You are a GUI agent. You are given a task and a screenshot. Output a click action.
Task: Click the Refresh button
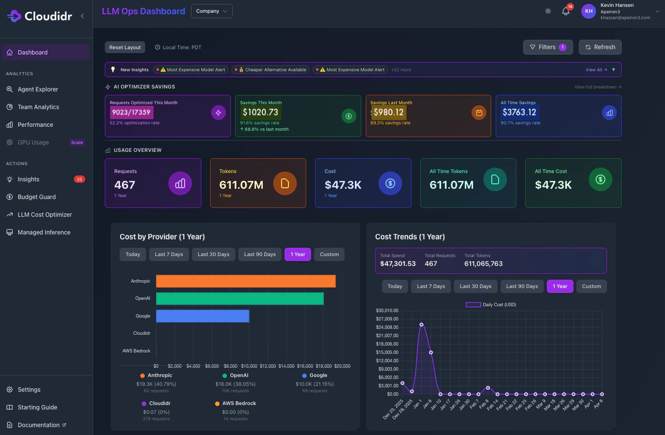[x=600, y=47]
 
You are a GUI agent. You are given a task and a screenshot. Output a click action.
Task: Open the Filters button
[x=547, y=47]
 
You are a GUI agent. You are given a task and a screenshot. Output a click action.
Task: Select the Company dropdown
[x=212, y=11]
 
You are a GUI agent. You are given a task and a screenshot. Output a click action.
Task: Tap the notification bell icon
[x=566, y=11]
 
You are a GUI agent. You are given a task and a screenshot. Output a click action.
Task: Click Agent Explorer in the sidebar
[x=37, y=89]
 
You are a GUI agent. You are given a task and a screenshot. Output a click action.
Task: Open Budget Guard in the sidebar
[x=36, y=197]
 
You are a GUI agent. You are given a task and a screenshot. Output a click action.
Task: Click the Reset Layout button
[x=125, y=47]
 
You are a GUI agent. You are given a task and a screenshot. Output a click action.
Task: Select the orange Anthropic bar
[x=246, y=281]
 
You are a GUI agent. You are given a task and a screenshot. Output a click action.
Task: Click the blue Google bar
[x=202, y=316]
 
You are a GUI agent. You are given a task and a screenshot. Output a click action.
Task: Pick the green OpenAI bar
[x=240, y=298]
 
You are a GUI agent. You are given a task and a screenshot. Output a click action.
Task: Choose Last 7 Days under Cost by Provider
[x=169, y=254]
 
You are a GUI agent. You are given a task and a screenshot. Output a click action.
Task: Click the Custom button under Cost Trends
[x=591, y=286]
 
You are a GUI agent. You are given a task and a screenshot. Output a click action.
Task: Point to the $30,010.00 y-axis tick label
[x=387, y=311]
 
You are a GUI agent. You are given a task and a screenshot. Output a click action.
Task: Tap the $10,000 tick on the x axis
[x=249, y=366]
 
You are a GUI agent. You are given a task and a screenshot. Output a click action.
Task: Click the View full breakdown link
[x=598, y=87]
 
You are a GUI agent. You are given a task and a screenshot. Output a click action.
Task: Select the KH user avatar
[x=588, y=11]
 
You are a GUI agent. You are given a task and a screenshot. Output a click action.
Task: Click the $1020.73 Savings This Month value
[x=260, y=112]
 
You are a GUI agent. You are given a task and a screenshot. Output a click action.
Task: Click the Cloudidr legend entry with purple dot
[x=156, y=403]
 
